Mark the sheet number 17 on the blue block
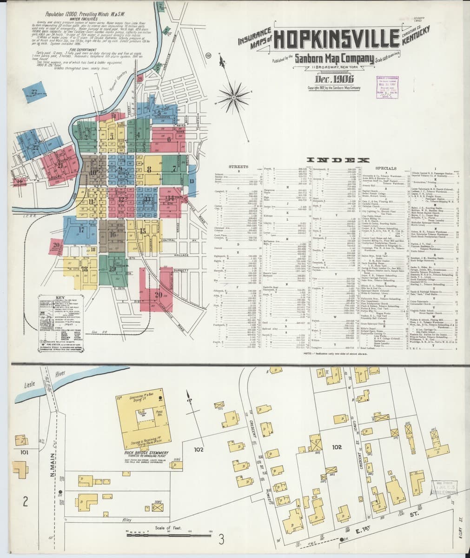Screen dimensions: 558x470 (81, 229)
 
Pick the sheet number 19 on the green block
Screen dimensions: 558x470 (113, 268)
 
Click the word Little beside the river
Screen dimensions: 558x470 (31, 385)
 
